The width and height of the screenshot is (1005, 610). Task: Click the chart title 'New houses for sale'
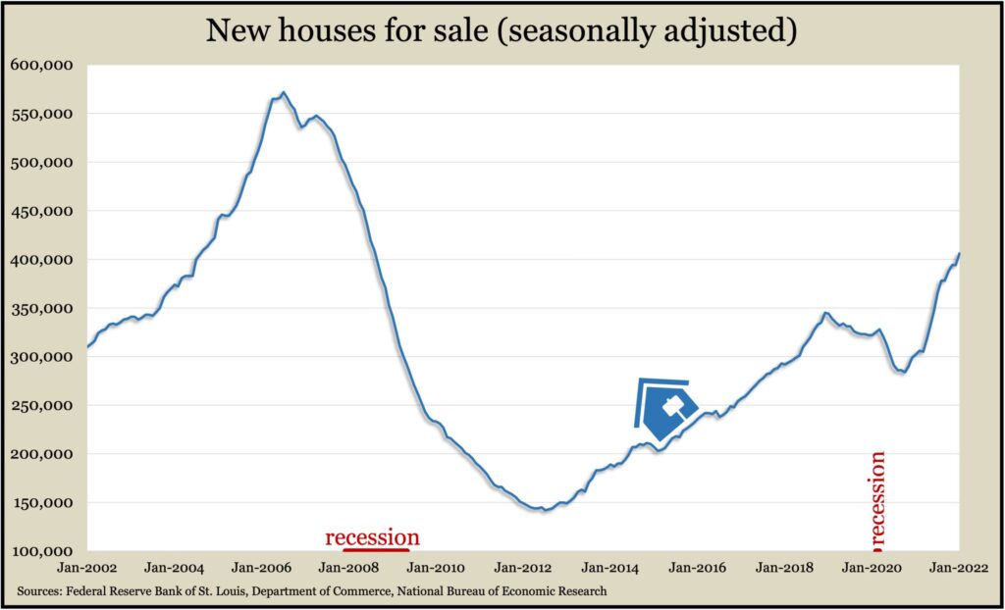(501, 31)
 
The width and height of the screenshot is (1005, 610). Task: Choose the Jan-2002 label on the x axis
(87, 569)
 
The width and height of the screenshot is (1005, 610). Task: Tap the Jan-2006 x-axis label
(262, 569)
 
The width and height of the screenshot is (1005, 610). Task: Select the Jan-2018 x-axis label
(784, 569)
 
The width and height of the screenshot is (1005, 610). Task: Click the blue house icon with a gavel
(667, 405)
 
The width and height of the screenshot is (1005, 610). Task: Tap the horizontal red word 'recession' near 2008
(372, 536)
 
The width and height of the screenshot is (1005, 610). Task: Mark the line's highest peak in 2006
(284, 93)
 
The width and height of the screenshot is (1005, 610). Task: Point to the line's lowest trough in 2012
(545, 511)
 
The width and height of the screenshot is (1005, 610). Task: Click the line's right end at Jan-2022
(959, 254)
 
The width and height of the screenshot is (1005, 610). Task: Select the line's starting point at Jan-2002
(87, 346)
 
